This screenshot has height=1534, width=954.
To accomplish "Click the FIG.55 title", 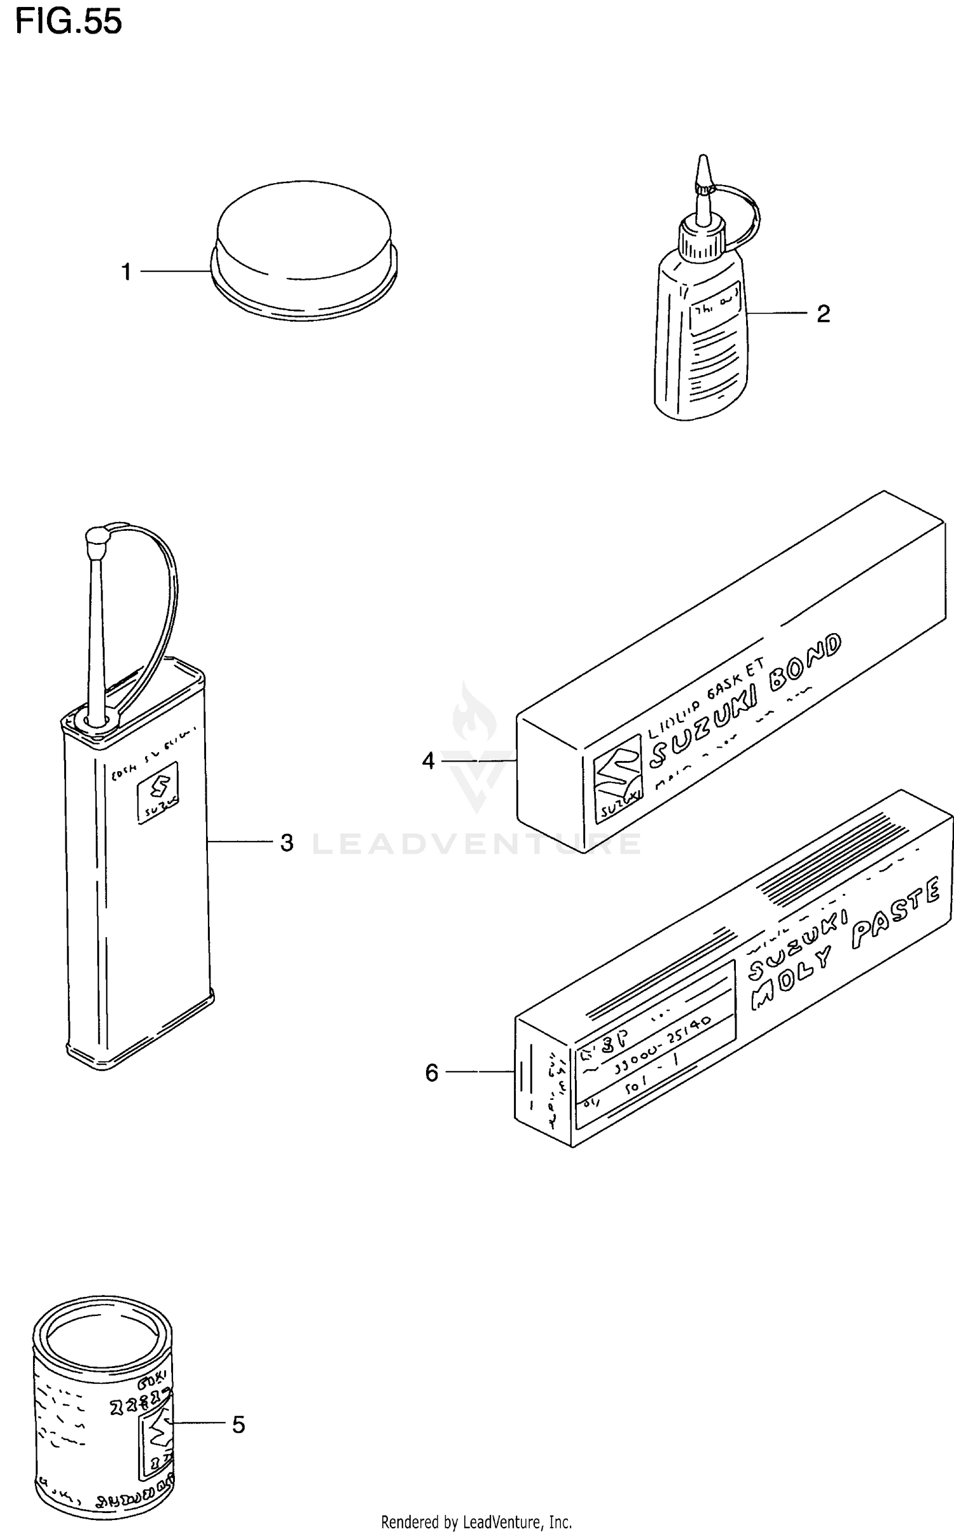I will click(68, 23).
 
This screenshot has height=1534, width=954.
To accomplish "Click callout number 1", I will click(127, 272).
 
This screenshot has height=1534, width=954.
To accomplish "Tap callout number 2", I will click(823, 313).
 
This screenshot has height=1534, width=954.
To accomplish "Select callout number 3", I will click(287, 843).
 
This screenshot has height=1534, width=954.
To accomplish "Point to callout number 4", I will click(428, 760).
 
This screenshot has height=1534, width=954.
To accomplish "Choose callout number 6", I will click(432, 1073).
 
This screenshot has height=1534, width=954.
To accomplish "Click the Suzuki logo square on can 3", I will click(158, 792).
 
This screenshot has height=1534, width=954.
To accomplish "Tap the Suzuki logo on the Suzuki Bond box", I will click(618, 777).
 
